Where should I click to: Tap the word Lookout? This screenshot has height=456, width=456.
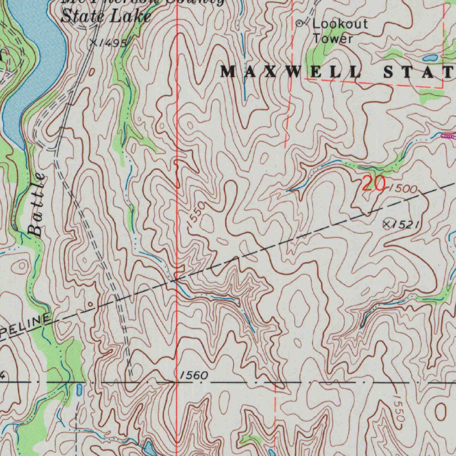click(x=340, y=24)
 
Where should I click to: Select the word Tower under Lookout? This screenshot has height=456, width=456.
click(x=332, y=38)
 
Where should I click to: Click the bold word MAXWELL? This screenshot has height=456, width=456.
click(x=291, y=71)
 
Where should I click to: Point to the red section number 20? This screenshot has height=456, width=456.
click(x=373, y=183)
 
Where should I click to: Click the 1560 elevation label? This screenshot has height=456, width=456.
click(x=194, y=376)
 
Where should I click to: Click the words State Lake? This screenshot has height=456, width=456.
click(x=106, y=16)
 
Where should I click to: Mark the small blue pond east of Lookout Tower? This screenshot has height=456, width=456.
click(x=430, y=58)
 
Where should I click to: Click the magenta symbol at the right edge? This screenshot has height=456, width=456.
click(x=448, y=136)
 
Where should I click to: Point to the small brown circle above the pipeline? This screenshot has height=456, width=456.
click(x=91, y=305)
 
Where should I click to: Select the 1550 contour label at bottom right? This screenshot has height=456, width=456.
click(x=399, y=410)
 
